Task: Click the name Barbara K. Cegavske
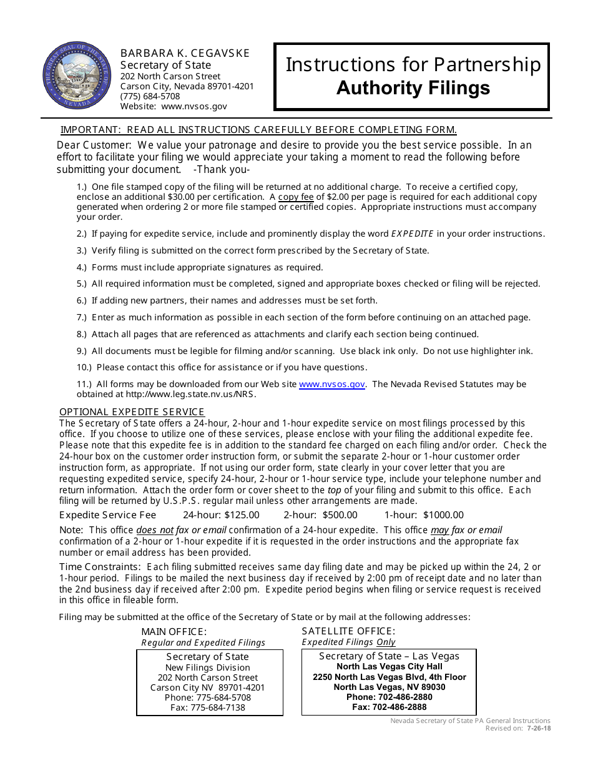pos(185,54)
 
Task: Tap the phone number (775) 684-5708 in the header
pos(150,96)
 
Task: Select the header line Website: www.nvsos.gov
pos(174,107)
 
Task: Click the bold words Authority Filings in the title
pos(413,88)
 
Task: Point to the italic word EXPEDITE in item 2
pos(412,234)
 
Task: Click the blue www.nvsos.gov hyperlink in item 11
pos(331,384)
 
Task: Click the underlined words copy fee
pos(296,197)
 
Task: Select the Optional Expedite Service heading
pos(132,412)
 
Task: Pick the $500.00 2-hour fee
pos(340,515)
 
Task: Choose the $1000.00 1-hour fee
pos(443,515)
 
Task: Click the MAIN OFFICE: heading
pos(174,632)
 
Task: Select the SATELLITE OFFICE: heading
pos(348,631)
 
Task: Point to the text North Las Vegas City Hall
pos(389,667)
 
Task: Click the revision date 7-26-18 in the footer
pos(538,728)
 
